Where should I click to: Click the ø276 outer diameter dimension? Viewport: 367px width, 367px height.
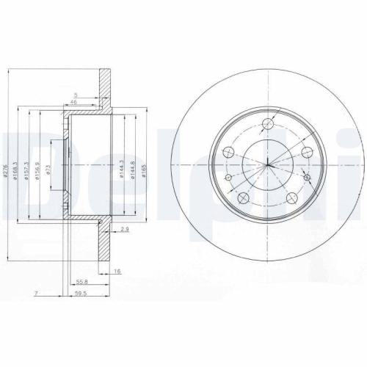click(x=7, y=170)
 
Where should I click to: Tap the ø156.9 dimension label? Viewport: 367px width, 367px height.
click(x=39, y=170)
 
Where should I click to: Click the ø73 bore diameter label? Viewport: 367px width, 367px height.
click(x=48, y=170)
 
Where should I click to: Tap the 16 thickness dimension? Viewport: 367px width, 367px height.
click(x=117, y=271)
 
